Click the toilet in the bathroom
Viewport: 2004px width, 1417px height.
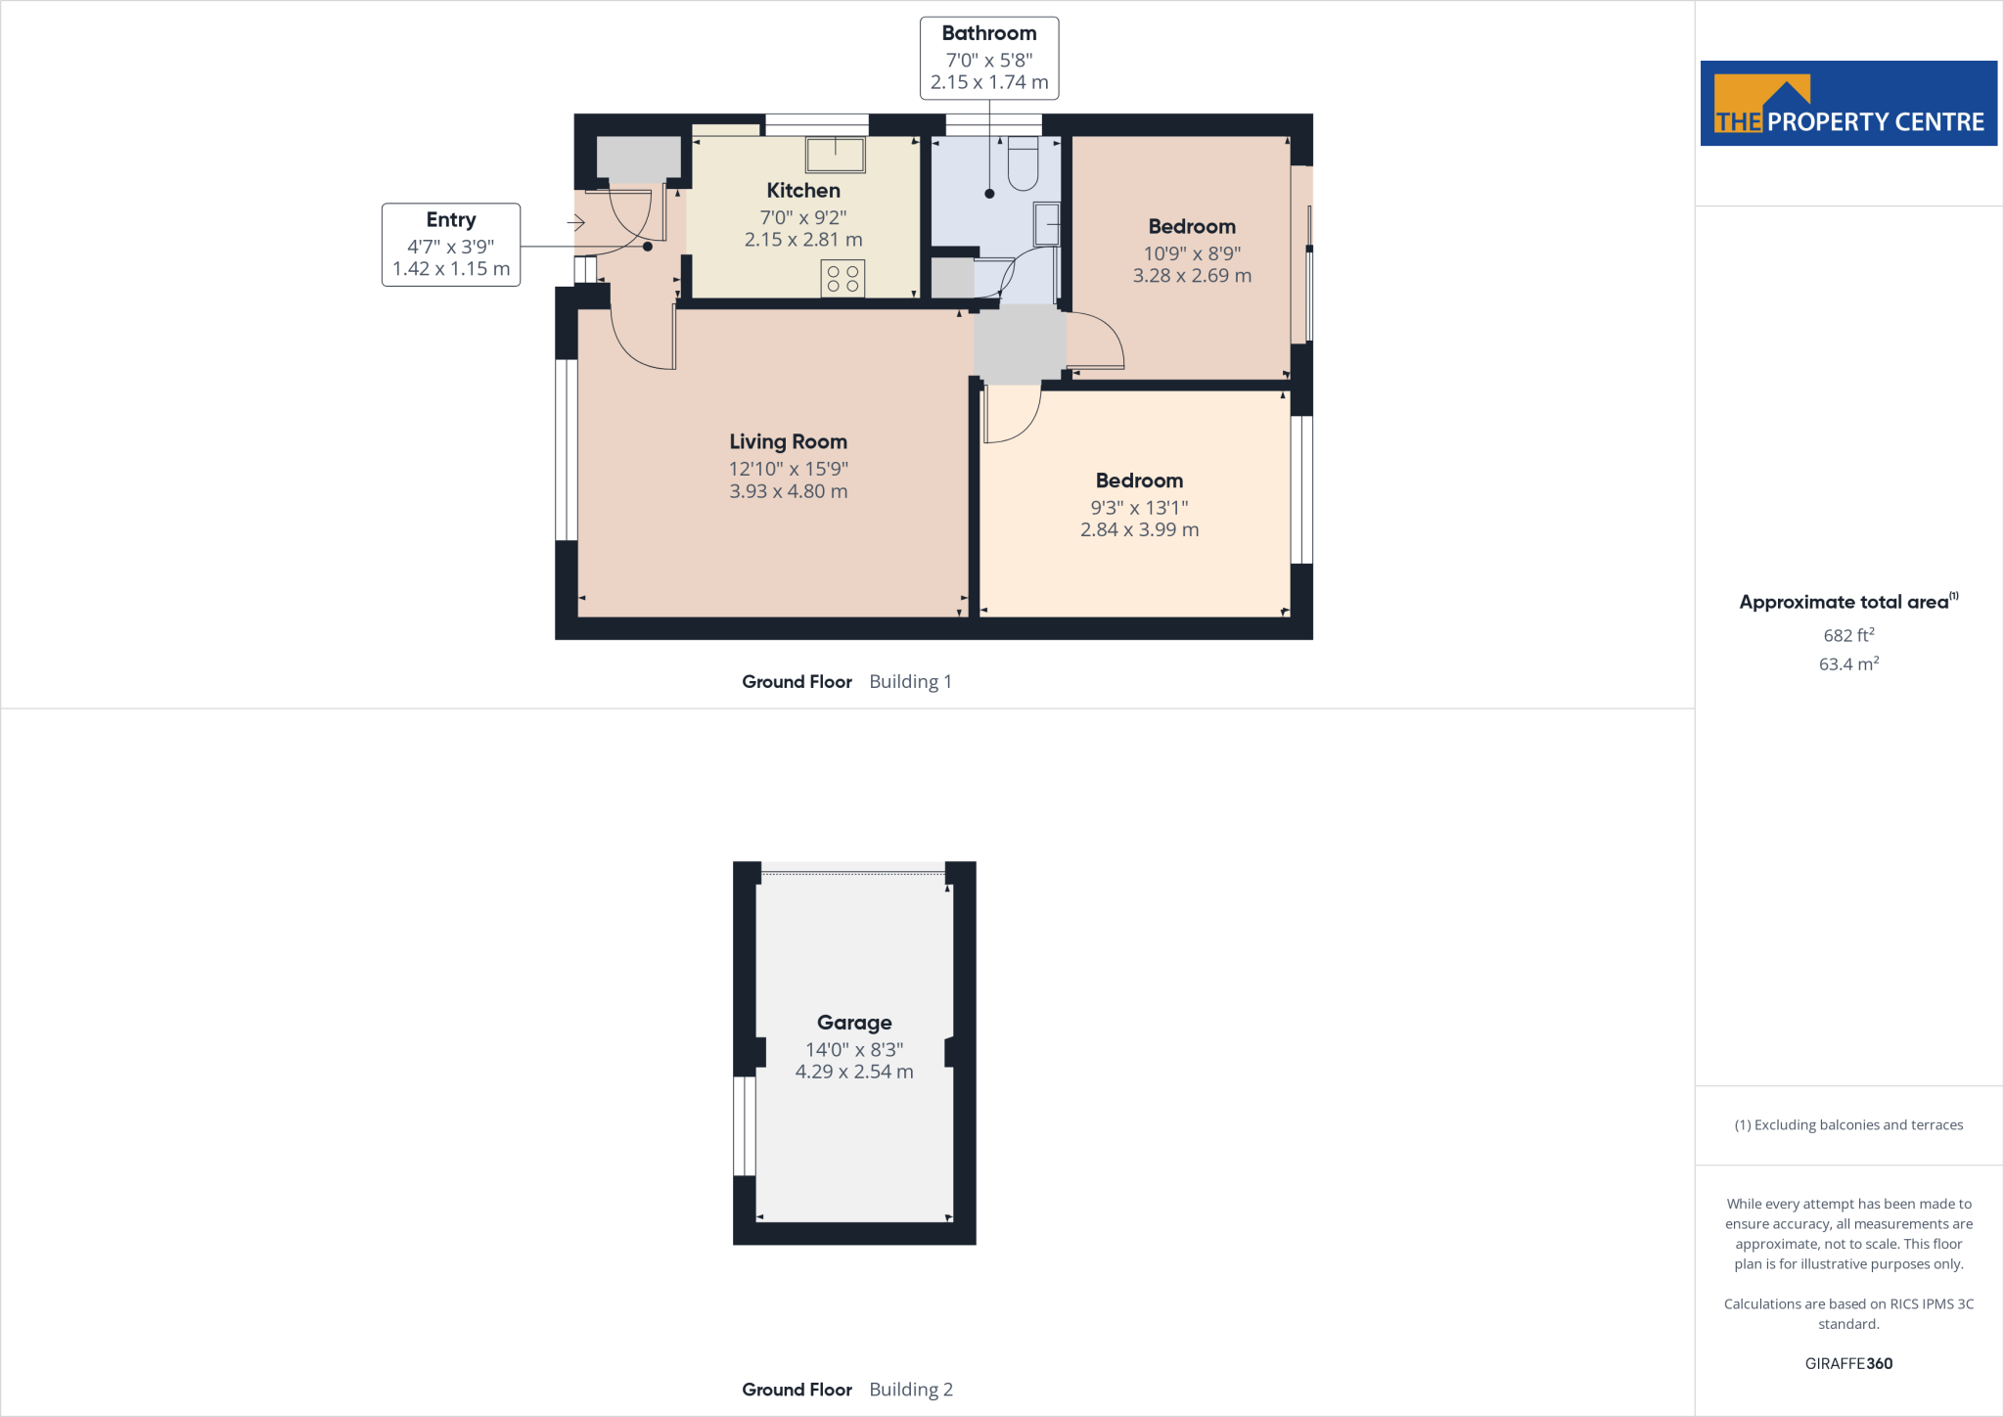pos(1023,165)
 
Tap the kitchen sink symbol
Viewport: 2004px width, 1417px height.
pos(835,155)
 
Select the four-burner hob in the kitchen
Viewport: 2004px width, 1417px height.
pos(843,278)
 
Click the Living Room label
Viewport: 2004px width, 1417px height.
pos(788,442)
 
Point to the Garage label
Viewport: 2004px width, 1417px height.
pos(854,1023)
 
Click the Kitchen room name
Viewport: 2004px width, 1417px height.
pos(803,191)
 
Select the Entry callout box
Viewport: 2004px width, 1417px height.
pos(451,245)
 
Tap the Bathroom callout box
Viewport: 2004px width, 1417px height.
pos(988,58)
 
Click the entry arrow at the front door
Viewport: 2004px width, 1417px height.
pos(575,223)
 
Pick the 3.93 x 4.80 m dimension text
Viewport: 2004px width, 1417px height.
pos(788,491)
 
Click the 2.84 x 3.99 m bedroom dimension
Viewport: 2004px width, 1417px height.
pos(1139,529)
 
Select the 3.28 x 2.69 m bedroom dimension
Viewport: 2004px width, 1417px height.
pos(1192,276)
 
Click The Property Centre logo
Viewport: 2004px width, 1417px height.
pos(1848,104)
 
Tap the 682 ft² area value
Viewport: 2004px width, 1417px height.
pos(1848,635)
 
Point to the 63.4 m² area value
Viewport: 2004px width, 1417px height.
pos(1848,664)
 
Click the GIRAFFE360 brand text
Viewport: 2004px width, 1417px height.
pos(1848,1363)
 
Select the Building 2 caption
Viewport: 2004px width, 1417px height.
pos(910,1390)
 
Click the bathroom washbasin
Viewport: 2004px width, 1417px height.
pos(1047,224)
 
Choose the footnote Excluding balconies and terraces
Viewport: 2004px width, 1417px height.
pos(1848,1125)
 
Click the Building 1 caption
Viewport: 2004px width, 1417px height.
pos(910,682)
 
